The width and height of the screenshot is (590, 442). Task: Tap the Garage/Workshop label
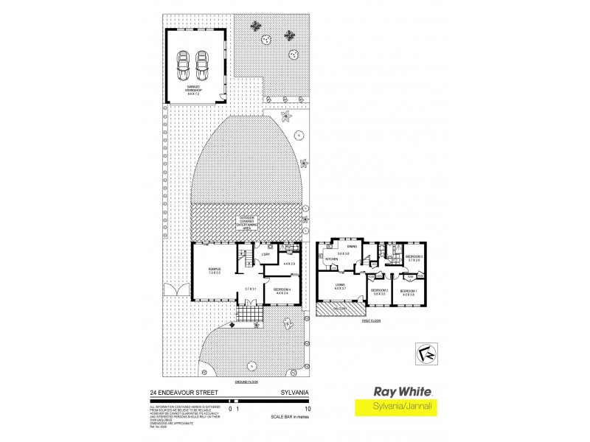(192, 93)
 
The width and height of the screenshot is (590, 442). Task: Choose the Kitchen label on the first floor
(331, 259)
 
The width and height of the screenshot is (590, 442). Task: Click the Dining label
(353, 248)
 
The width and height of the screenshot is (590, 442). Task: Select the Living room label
(339, 285)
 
